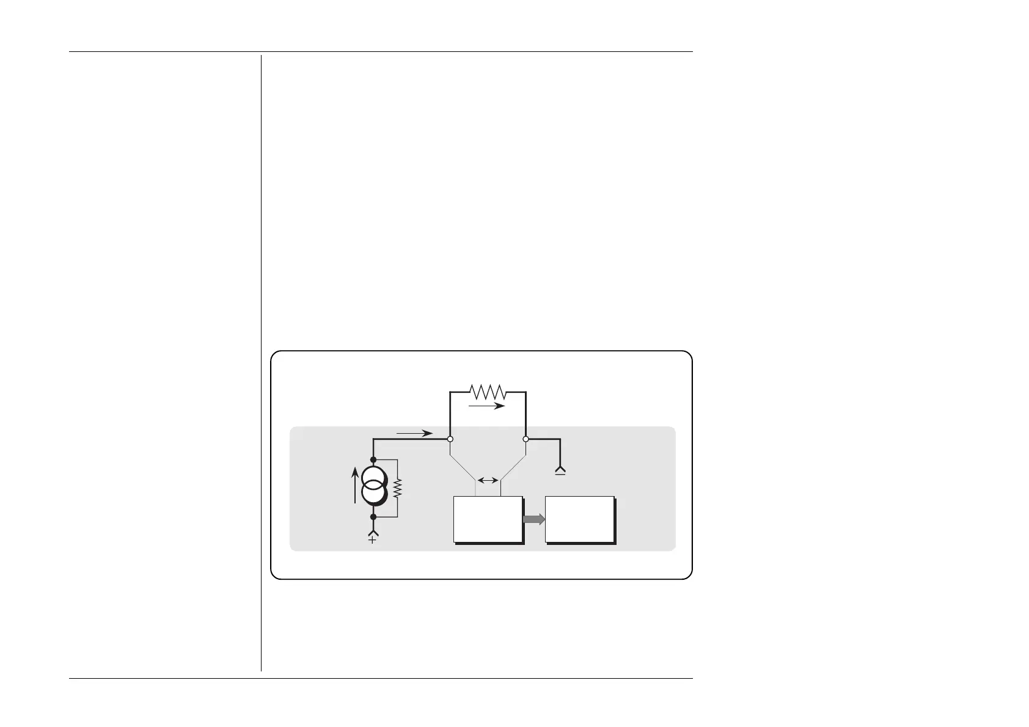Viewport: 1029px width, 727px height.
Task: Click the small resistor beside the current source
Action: click(398, 488)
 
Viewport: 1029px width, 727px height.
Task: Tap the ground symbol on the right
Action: click(560, 471)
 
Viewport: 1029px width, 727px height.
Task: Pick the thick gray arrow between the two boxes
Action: click(533, 519)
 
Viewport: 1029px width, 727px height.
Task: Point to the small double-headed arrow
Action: click(488, 481)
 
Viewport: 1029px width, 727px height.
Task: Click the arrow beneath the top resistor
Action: click(487, 405)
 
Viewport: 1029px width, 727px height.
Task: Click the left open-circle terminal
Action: click(450, 439)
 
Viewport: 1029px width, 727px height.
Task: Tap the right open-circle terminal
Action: click(525, 439)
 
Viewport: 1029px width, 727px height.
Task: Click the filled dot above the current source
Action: click(373, 459)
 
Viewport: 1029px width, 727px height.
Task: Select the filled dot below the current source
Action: click(373, 517)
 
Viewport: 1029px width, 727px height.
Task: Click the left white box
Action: click(487, 519)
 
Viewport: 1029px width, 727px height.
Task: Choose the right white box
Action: click(579, 519)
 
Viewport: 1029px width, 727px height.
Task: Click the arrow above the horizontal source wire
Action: click(415, 433)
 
